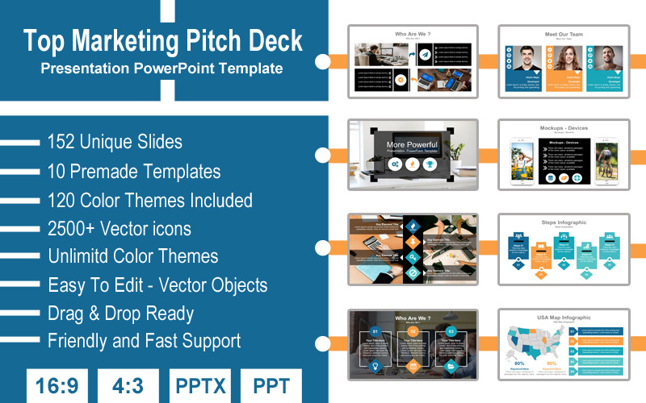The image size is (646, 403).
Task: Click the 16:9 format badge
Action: [57, 386]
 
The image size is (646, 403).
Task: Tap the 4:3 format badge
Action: [128, 386]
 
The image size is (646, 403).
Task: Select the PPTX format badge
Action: [200, 386]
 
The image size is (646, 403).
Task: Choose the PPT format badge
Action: [271, 386]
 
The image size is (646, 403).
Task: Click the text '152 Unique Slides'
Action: [115, 142]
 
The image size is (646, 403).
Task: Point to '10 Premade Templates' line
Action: [134, 171]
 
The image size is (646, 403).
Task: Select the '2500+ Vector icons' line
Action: [120, 228]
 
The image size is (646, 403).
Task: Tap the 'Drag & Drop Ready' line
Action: [121, 313]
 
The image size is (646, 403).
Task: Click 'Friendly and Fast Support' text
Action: [145, 340]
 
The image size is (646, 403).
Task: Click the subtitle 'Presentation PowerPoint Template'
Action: [162, 69]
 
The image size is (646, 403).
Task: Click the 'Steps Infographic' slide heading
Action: [564, 222]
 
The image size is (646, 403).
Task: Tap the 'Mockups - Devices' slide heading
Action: [564, 128]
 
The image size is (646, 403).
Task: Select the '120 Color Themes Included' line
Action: [150, 200]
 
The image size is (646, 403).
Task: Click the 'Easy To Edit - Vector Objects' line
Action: [157, 285]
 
